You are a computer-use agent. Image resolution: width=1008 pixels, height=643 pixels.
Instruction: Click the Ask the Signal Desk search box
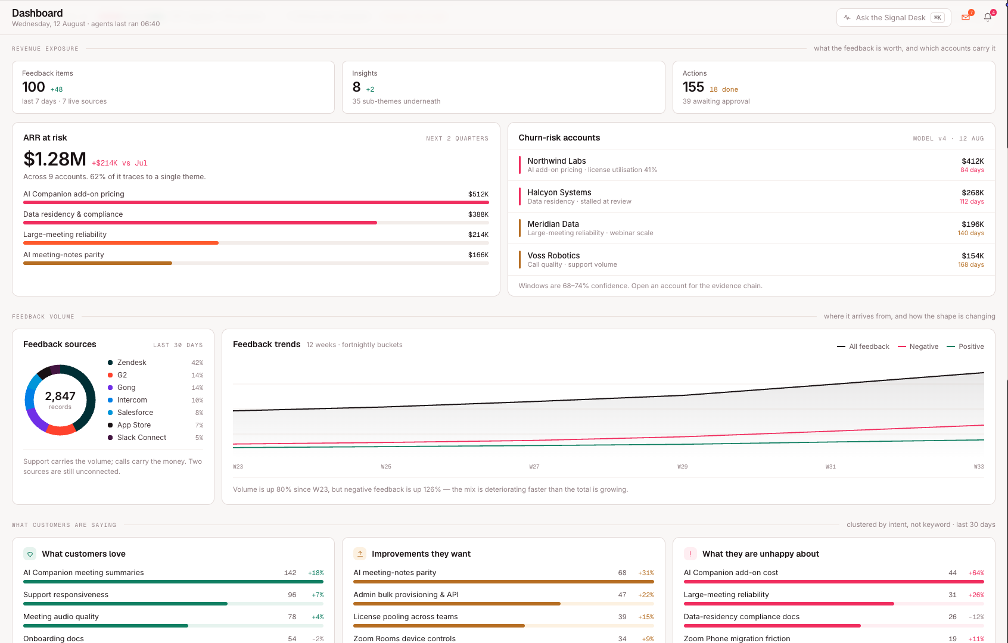point(893,17)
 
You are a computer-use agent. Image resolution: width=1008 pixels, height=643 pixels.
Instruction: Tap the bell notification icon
point(987,17)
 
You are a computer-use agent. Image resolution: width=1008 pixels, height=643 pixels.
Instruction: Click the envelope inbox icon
point(965,17)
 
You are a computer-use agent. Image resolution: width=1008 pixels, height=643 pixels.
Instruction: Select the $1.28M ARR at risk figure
point(54,159)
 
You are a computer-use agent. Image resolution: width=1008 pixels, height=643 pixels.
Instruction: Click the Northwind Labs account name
point(556,161)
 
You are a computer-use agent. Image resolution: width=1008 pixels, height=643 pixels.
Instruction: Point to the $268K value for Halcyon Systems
point(972,192)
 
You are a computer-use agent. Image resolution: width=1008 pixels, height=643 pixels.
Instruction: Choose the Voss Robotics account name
point(553,255)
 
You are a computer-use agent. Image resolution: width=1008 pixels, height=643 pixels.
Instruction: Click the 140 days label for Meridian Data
point(970,233)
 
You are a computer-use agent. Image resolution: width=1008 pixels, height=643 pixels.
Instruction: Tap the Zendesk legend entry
point(132,363)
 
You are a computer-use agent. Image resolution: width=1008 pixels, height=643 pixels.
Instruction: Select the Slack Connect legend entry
point(141,438)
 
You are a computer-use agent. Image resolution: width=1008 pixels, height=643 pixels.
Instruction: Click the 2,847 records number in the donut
point(60,396)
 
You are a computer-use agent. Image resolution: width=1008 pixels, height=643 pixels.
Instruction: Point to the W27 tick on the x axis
point(534,467)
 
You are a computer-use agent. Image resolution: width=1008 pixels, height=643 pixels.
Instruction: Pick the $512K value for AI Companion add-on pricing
point(478,194)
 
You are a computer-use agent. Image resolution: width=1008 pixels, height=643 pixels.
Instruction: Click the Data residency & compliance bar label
point(73,214)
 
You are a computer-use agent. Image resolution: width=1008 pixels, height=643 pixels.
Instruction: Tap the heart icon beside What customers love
point(30,554)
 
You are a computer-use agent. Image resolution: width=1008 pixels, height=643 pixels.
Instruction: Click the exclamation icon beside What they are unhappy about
point(690,554)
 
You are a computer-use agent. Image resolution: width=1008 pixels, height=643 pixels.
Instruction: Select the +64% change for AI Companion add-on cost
point(976,573)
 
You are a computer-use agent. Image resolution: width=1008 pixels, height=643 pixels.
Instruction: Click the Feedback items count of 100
point(33,87)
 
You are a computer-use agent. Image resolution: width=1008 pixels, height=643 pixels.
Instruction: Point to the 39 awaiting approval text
point(716,101)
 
